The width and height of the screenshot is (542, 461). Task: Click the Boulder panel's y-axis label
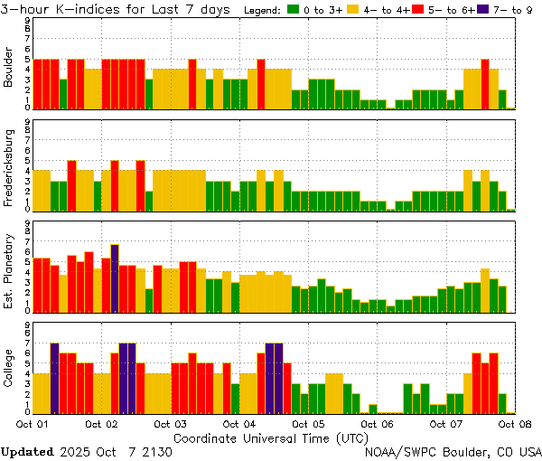pos(8,67)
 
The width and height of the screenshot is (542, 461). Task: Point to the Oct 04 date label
pos(238,423)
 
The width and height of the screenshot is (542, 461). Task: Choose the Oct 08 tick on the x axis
pos(515,423)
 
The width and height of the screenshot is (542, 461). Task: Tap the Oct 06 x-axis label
pos(377,423)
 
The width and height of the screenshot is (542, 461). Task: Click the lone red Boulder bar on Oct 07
pos(485,83)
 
